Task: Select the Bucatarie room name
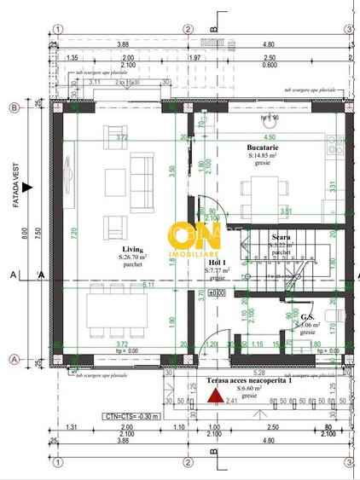click(266, 147)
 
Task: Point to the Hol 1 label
click(217, 262)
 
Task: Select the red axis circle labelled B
click(15, 107)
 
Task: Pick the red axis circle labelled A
click(15, 358)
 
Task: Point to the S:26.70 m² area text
click(132, 256)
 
